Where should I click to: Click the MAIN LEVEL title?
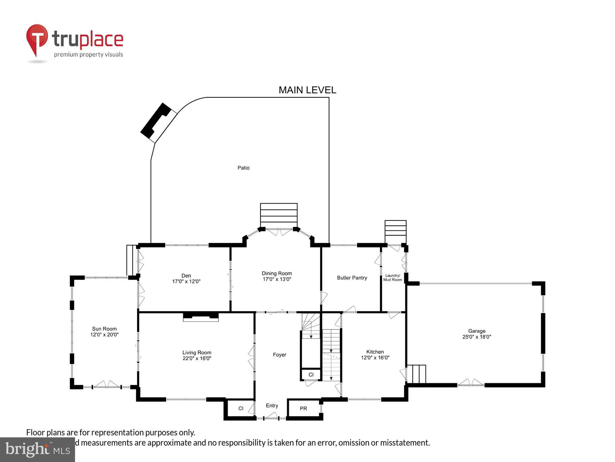click(x=307, y=90)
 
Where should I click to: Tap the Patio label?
click(x=243, y=168)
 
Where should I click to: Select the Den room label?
click(x=186, y=276)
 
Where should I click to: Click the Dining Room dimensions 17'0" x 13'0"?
click(x=277, y=279)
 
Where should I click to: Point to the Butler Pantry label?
click(x=352, y=278)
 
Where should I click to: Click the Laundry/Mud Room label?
click(x=392, y=278)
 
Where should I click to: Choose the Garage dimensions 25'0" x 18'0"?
click(x=477, y=337)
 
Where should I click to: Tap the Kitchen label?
click(x=375, y=352)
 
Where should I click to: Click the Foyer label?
click(x=280, y=355)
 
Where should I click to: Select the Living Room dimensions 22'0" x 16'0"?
click(x=197, y=359)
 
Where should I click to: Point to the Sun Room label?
click(x=104, y=329)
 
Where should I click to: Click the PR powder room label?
click(x=303, y=409)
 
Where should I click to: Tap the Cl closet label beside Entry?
click(x=241, y=408)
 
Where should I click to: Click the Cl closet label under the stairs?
click(x=311, y=375)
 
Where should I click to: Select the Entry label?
click(x=272, y=406)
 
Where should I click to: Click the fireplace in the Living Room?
click(x=201, y=317)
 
